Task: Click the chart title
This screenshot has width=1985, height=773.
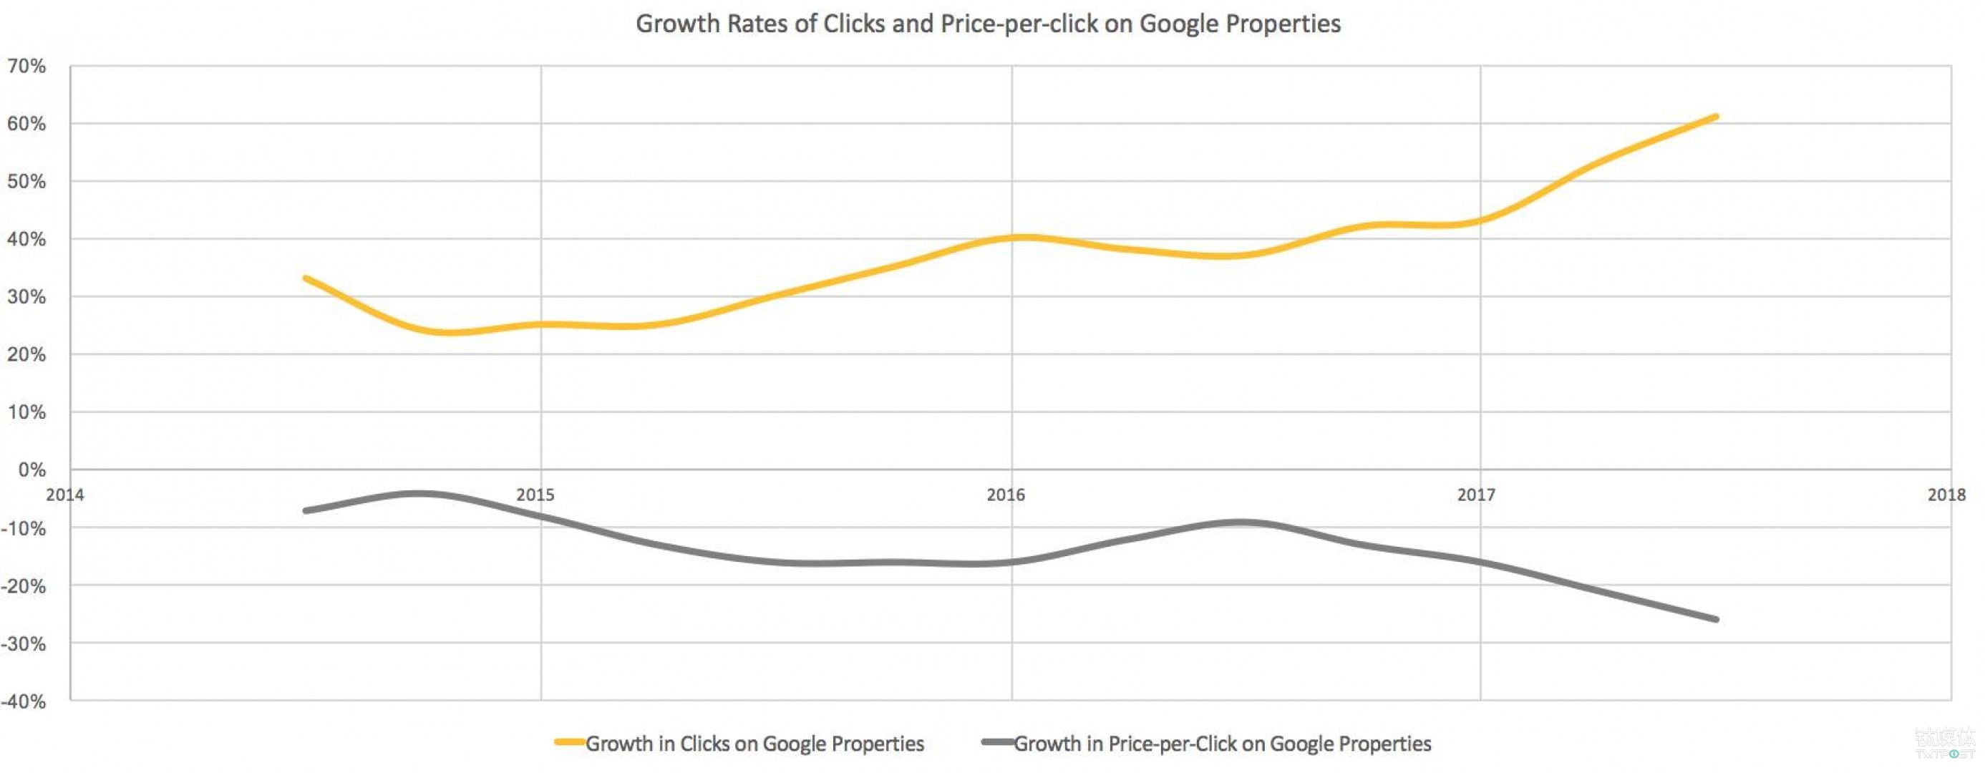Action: [x=988, y=24]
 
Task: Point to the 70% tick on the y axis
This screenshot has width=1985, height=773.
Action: [x=27, y=67]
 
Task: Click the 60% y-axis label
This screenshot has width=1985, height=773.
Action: [x=27, y=124]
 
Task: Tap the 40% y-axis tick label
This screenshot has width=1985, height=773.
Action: [x=27, y=240]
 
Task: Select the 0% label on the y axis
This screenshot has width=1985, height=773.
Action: [x=31, y=470]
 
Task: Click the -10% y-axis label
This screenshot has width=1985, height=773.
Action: [x=24, y=529]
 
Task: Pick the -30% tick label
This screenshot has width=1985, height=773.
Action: [x=24, y=644]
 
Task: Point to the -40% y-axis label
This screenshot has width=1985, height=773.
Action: [x=24, y=702]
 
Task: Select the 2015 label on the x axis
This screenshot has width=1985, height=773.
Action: [x=535, y=495]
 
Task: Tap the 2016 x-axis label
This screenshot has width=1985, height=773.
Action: [x=1006, y=495]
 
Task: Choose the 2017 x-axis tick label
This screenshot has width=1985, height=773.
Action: [x=1475, y=495]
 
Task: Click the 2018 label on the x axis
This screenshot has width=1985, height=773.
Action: [x=1946, y=495]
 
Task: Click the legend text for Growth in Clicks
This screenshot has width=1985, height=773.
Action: [x=754, y=744]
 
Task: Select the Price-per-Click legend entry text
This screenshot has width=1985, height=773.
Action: [x=1222, y=744]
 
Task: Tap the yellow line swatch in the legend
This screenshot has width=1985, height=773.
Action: [x=570, y=743]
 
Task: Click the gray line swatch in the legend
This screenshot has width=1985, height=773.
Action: [x=997, y=743]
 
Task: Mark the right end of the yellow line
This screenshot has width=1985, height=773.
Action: [x=1715, y=117]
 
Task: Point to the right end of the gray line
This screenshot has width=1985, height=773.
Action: [x=1715, y=620]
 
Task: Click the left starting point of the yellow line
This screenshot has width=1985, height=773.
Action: [x=306, y=278]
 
